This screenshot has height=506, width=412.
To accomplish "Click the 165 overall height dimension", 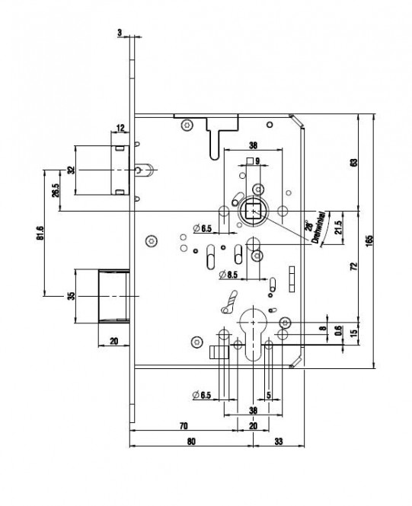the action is [x=369, y=240].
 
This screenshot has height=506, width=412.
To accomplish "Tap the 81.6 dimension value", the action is [x=40, y=233].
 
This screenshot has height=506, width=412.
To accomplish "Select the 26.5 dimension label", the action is [x=56, y=190].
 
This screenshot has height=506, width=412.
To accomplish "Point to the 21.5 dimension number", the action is [x=337, y=228].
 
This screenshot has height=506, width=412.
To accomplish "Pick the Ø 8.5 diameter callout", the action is [x=228, y=275].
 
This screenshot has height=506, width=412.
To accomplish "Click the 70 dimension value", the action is [x=184, y=425].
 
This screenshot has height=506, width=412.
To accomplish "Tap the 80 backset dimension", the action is [x=191, y=441].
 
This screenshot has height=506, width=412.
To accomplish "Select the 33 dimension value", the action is [x=278, y=441].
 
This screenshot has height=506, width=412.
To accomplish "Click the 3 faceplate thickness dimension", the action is [x=120, y=33].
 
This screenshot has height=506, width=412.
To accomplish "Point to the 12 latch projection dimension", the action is [x=120, y=128].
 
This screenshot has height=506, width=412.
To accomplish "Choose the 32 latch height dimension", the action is [x=72, y=170].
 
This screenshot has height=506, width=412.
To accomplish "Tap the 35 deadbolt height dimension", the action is [x=71, y=296].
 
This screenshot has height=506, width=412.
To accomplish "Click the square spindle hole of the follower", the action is [x=253, y=212].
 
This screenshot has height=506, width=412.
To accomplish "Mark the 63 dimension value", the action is [x=354, y=162].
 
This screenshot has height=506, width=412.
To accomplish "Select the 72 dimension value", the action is [x=354, y=266].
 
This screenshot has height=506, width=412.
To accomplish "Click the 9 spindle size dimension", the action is [x=257, y=161].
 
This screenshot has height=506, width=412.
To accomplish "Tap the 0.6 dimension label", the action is [x=337, y=330].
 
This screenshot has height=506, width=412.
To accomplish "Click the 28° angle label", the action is [x=308, y=225].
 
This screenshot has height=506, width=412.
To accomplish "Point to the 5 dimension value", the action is [x=269, y=395].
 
